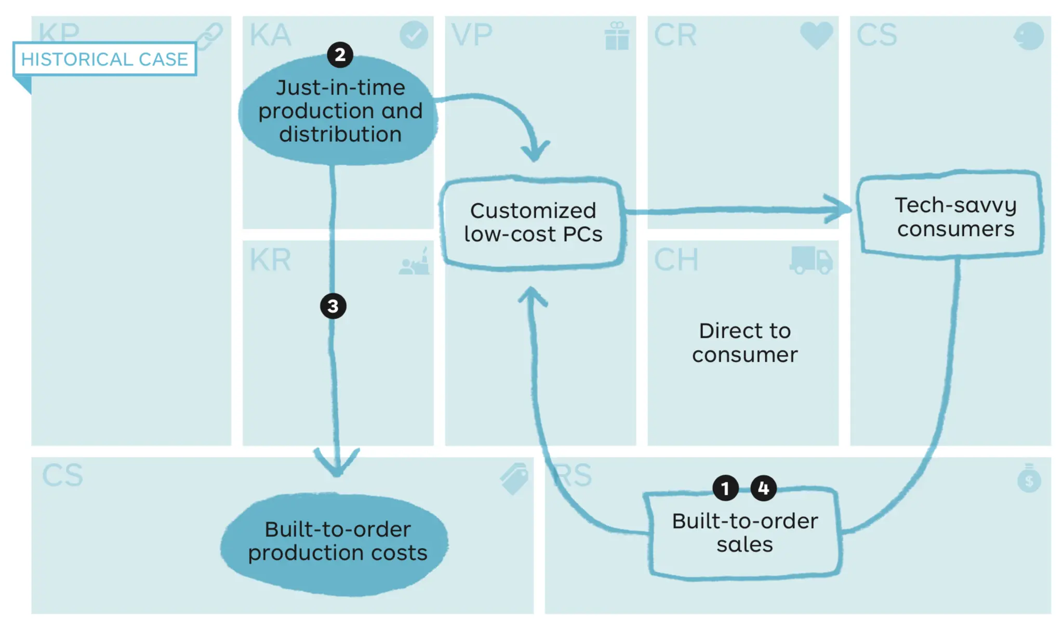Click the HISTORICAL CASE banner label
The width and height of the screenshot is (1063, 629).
104,59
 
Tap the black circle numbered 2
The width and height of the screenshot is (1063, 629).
340,55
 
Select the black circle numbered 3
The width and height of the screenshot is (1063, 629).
333,306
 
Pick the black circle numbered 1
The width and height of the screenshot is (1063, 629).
725,488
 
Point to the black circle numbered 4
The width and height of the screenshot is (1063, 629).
763,488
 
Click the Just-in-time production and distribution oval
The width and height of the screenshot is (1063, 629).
339,111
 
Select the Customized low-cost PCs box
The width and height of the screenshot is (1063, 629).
533,222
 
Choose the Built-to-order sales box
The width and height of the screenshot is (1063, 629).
745,533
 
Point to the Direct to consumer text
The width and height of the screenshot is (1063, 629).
745,343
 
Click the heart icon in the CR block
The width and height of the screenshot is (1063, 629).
816,35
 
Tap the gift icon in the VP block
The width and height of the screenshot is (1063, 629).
617,36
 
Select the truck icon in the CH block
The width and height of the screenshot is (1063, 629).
811,260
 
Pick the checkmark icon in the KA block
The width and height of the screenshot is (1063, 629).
414,35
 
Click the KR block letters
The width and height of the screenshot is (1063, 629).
270,260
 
